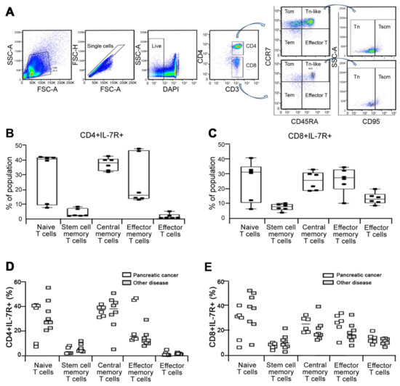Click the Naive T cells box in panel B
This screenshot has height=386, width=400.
[48, 182]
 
